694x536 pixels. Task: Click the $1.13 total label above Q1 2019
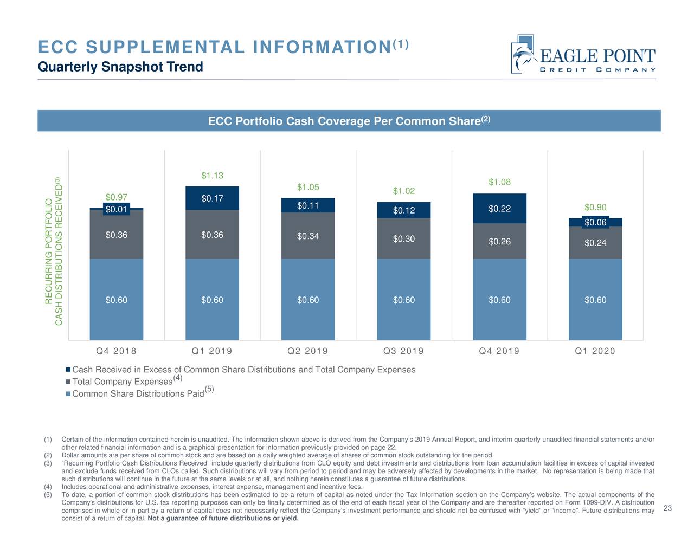pos(212,176)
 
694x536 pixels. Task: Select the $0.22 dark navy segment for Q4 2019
pos(499,209)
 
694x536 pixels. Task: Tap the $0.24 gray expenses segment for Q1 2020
pos(595,243)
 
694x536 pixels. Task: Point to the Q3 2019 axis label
pos(403,351)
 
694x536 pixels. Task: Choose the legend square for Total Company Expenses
pos(68,382)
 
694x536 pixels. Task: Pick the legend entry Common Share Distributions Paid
pos(138,393)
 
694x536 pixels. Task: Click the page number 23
pos(667,508)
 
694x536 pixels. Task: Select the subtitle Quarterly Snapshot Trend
pos(120,67)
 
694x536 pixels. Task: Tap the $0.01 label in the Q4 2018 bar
pos(116,209)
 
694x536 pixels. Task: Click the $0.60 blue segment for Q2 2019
pos(308,300)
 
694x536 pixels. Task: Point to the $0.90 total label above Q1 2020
pos(595,208)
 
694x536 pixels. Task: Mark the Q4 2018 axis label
pos(116,351)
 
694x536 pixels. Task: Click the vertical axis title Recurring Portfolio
pos(49,252)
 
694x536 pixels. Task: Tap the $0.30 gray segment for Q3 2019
pos(403,239)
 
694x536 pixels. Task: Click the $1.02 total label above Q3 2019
pos(403,191)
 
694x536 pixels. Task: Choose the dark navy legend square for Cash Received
pos(68,370)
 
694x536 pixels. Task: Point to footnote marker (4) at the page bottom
pos(47,487)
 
